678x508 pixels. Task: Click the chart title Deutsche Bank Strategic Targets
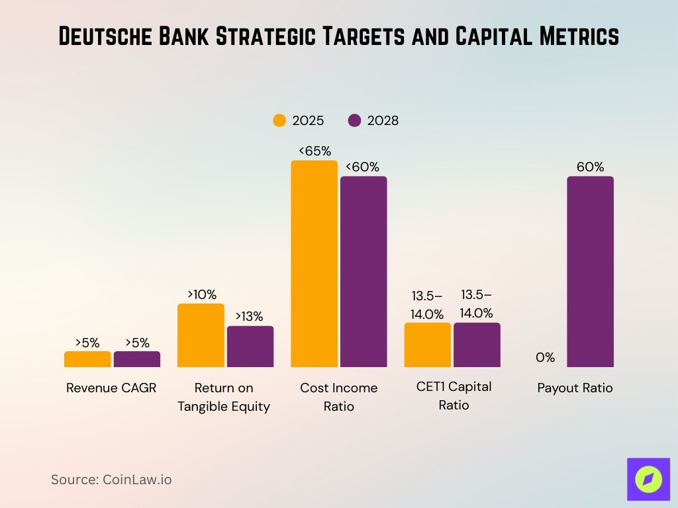pos(338,37)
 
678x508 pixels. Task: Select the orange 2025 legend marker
pos(279,120)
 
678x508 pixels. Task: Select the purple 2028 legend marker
pos(354,120)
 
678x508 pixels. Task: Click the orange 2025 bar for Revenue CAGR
pos(87,359)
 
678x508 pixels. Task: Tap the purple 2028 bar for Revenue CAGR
pos(137,359)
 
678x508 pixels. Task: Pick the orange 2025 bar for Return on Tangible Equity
pos(201,335)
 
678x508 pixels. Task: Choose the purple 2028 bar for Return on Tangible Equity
pos(250,347)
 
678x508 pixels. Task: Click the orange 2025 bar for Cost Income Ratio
pos(315,264)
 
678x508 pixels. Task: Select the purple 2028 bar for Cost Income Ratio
pos(363,272)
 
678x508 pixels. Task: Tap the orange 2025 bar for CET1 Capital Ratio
pos(428,345)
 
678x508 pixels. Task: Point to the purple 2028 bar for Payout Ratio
pos(590,272)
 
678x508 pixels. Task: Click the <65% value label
pos(315,151)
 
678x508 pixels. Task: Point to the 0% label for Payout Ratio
pos(545,358)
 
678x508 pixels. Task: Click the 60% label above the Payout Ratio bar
pos(590,167)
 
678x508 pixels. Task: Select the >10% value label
pos(201,294)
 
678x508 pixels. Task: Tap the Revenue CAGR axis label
pos(111,388)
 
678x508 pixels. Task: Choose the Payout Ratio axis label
pos(575,388)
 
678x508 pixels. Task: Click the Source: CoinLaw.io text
pos(111,480)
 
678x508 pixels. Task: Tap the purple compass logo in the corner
pos(648,479)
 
